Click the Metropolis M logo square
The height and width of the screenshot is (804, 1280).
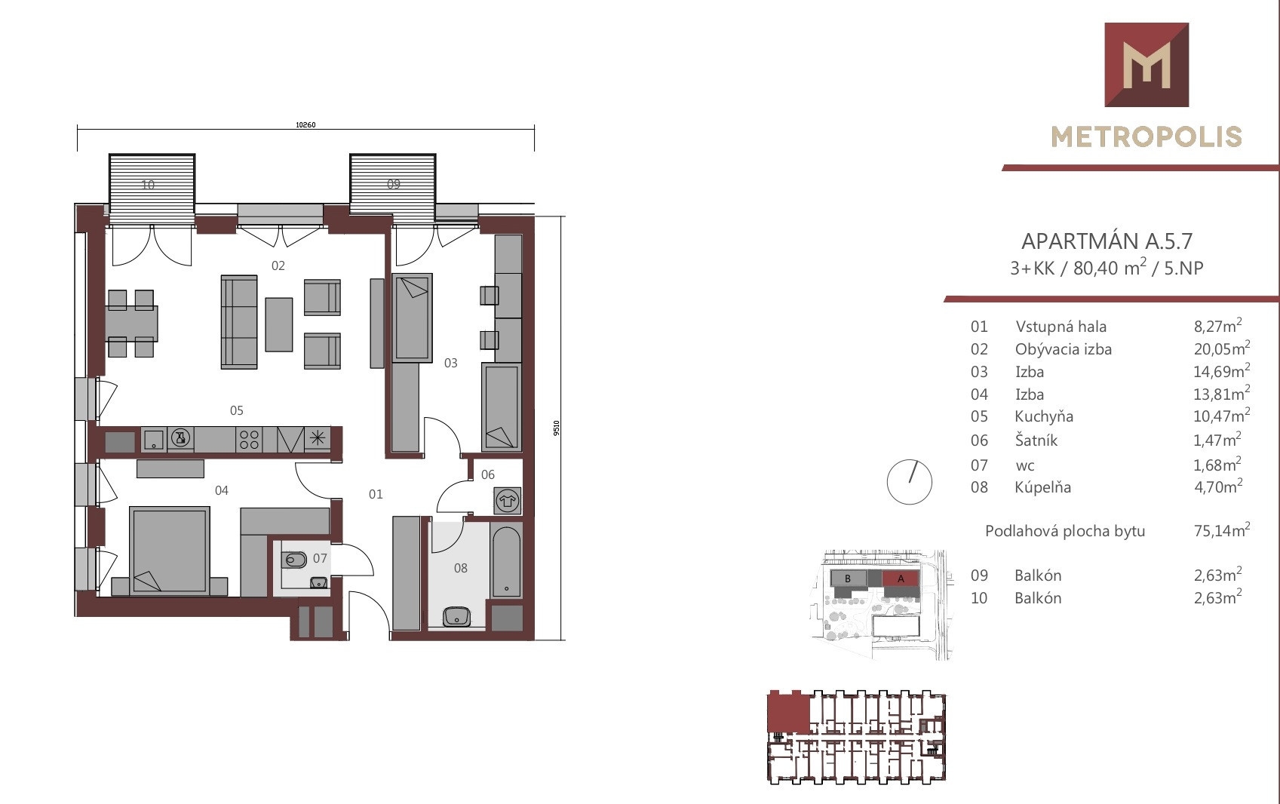(x=1146, y=65)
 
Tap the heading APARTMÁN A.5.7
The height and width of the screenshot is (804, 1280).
(x=1107, y=241)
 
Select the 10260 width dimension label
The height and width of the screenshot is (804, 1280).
(x=305, y=124)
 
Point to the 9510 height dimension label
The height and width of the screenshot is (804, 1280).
(x=557, y=428)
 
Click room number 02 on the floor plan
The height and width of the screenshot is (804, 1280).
(x=278, y=265)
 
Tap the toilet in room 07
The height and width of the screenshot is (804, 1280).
(x=295, y=560)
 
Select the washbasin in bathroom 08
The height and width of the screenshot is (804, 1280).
(x=456, y=616)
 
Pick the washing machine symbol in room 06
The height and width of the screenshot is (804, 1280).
(x=507, y=501)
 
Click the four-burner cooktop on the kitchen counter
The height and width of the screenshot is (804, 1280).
(x=249, y=440)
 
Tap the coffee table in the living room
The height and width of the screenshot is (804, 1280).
(x=279, y=324)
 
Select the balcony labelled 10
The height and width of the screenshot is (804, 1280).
(x=152, y=189)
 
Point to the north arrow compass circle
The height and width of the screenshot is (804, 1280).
(x=909, y=482)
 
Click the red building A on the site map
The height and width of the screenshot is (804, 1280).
(x=901, y=578)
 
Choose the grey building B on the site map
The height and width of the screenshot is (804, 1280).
(x=848, y=578)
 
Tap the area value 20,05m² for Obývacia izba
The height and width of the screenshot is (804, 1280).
(x=1221, y=348)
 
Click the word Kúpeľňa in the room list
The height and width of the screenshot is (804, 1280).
(x=1043, y=487)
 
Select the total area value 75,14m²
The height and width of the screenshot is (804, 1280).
(x=1222, y=530)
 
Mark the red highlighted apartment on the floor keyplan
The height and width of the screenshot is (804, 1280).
(x=788, y=712)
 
